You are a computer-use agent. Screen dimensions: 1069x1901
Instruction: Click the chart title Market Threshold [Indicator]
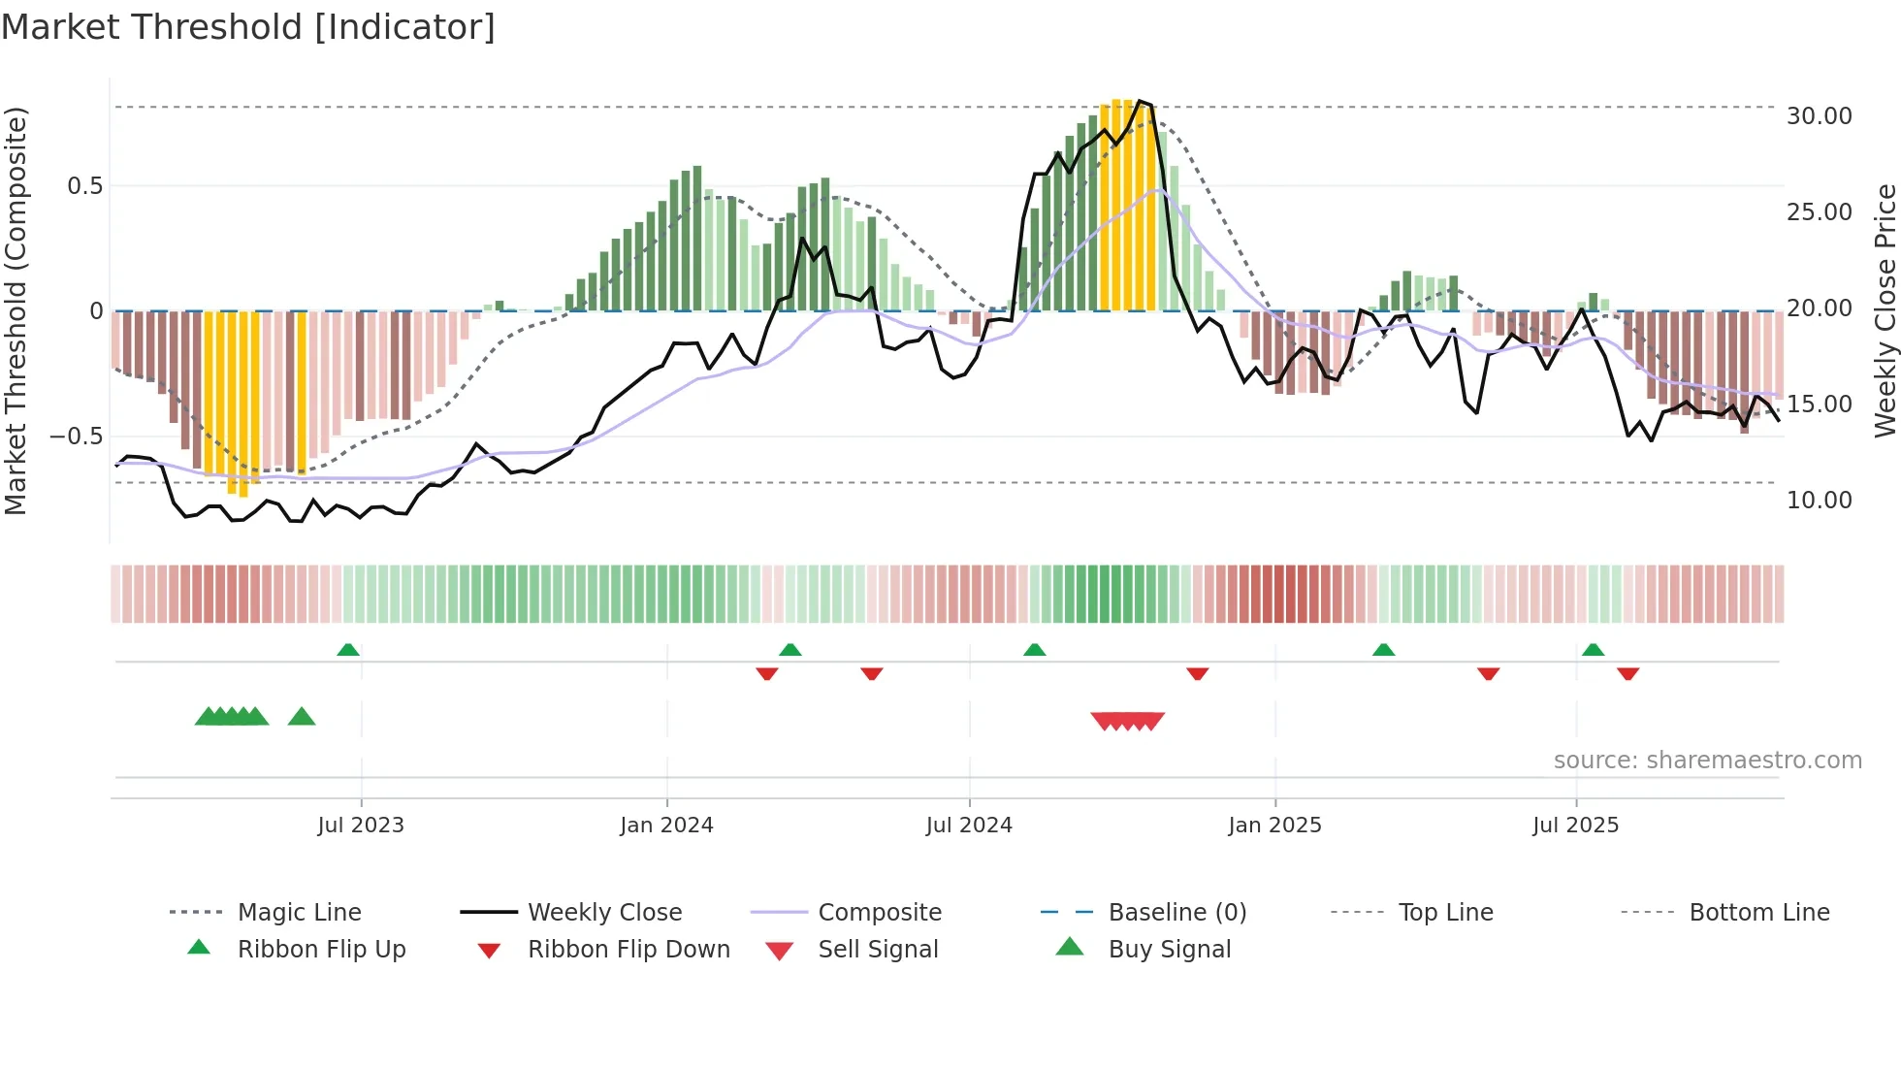coord(248,27)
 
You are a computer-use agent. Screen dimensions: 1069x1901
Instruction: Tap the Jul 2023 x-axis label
coord(360,826)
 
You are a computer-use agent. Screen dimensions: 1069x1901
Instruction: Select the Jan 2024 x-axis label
coord(666,826)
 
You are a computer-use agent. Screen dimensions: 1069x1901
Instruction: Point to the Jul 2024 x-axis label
coord(969,826)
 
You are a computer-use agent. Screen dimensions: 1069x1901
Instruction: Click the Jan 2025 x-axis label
coord(1274,826)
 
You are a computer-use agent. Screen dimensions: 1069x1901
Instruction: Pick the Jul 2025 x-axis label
coord(1575,826)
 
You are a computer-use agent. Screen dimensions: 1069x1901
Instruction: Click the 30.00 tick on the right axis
coord(1819,116)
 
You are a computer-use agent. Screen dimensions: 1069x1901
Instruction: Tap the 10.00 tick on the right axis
coord(1819,501)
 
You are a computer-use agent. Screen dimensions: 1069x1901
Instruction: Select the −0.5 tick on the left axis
coord(76,437)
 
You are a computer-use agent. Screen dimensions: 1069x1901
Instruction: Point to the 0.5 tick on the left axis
coord(84,186)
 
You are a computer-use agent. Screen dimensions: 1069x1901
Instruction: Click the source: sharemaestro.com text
coord(1707,761)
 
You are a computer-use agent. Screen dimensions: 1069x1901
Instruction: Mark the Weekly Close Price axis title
coord(1885,310)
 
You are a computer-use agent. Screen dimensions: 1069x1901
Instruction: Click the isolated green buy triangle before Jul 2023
coord(302,717)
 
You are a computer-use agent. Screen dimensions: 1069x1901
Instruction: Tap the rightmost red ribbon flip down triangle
coord(1627,673)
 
